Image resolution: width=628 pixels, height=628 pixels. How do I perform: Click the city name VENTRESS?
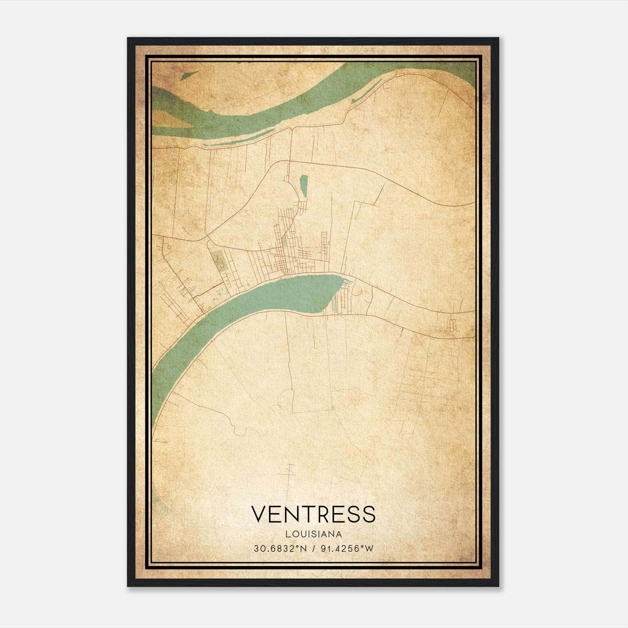(x=313, y=514)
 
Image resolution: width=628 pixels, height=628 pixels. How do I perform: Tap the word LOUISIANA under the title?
(x=313, y=534)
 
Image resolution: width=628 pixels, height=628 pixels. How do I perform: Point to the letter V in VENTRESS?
(x=259, y=514)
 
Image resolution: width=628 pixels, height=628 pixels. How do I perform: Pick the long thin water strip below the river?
(x=235, y=142)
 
